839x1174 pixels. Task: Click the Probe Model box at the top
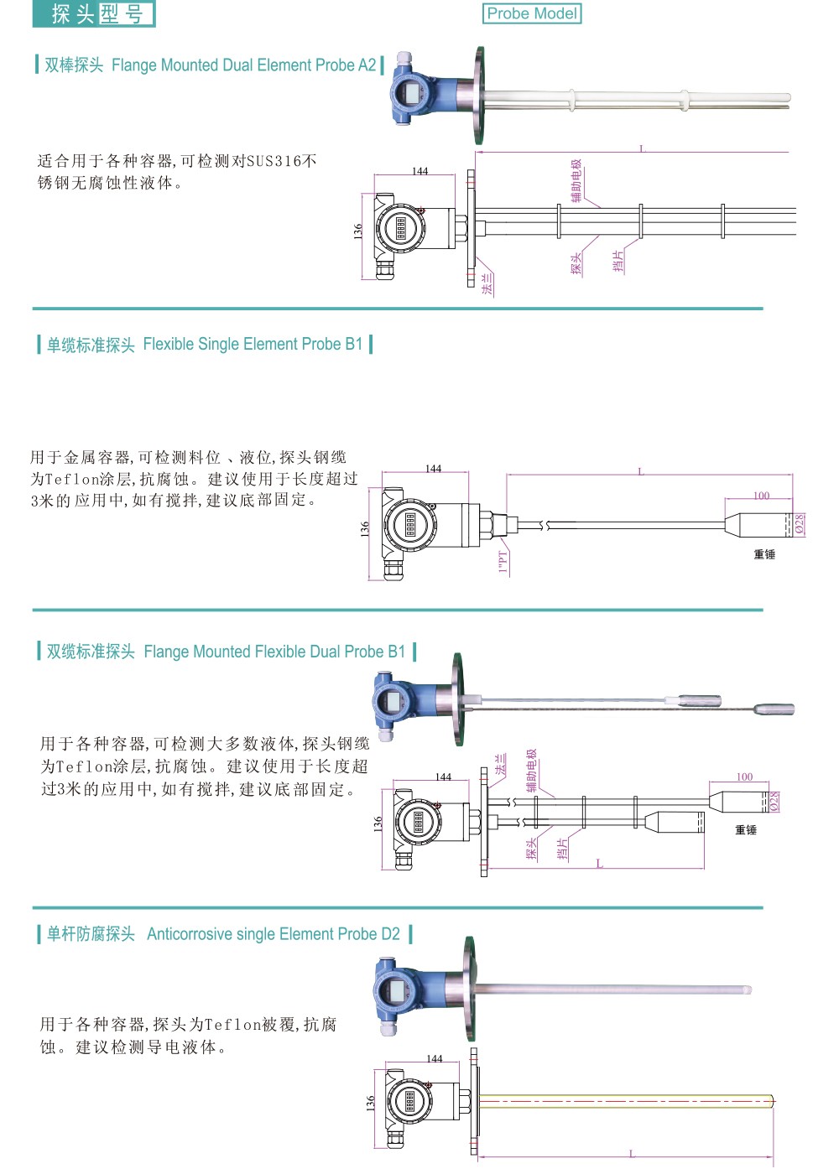pos(532,13)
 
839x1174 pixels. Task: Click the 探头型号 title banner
pos(94,13)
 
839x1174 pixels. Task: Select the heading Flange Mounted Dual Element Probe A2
pos(243,65)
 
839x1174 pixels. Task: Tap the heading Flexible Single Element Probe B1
pos(253,344)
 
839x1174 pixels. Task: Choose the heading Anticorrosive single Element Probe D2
pos(273,934)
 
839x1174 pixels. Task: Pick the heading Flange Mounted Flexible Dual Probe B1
pos(274,652)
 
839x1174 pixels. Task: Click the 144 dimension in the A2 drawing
pos(419,171)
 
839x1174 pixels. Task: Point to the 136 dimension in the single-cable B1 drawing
pos(365,529)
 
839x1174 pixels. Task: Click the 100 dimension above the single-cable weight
pos(761,496)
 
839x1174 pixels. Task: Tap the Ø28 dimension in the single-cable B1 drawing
pos(800,524)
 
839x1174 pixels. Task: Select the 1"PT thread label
pos(503,561)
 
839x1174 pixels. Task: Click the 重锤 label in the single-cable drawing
pos(764,554)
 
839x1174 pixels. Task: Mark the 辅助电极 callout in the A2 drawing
pos(576,180)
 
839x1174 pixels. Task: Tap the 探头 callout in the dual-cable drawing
pos(531,849)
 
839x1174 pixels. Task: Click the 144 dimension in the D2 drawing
pos(434,1059)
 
